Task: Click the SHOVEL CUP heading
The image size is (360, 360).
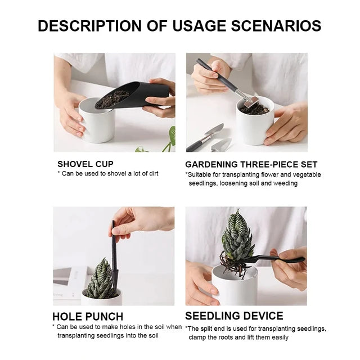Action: [85, 164]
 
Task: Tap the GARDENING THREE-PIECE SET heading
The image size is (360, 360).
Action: [251, 165]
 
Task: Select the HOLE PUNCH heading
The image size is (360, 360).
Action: [88, 316]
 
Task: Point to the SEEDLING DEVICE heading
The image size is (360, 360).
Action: [234, 316]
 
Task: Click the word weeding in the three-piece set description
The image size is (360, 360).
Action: [285, 183]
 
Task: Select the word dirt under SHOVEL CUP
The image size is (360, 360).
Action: [151, 174]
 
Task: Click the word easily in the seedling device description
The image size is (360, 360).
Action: [278, 337]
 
